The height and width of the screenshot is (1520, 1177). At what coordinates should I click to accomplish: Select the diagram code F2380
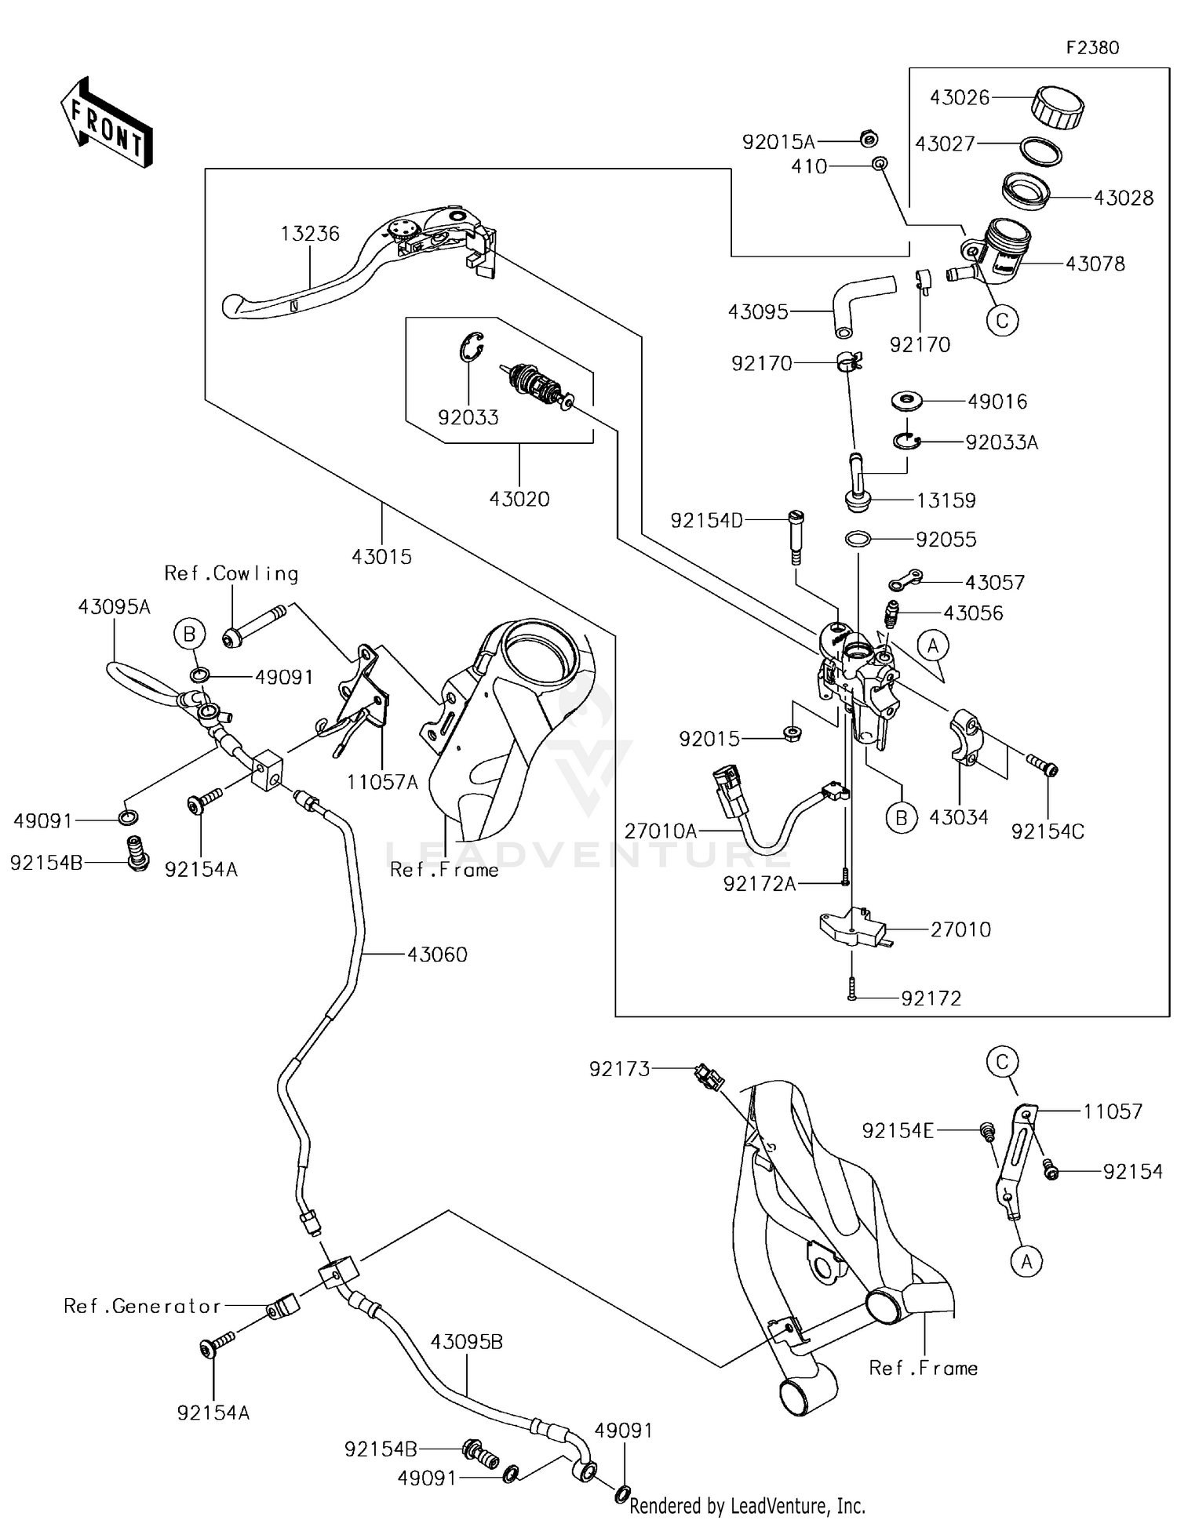coord(1092,48)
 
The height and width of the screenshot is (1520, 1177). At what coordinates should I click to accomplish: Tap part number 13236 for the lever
coord(311,234)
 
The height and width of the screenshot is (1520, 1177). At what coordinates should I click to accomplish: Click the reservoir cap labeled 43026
coord(1057,106)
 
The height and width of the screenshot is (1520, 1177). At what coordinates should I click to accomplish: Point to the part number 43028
coord(1124,198)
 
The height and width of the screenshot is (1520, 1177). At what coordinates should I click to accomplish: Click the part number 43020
coord(519,499)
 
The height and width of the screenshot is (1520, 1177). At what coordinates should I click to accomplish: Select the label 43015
coord(381,557)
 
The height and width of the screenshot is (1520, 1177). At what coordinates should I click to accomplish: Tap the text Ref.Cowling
coord(231,574)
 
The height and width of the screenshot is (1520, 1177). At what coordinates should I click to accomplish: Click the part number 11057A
coord(382,783)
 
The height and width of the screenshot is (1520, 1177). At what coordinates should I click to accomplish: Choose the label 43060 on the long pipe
coord(437,955)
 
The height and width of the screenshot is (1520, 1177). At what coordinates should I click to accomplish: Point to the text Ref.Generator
coord(143,1306)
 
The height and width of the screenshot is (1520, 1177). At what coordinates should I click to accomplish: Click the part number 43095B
coord(467,1342)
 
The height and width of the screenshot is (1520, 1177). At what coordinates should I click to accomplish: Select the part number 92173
coord(620,1069)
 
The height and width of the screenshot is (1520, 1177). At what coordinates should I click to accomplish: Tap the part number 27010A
coord(661,831)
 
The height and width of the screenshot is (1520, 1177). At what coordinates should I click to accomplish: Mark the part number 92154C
coord(1048,832)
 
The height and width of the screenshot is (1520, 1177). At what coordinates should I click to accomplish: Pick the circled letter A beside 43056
coord(933,646)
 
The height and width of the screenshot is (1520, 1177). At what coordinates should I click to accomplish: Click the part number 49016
coord(997,402)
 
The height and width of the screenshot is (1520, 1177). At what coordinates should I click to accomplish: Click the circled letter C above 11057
coord(1002,1062)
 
